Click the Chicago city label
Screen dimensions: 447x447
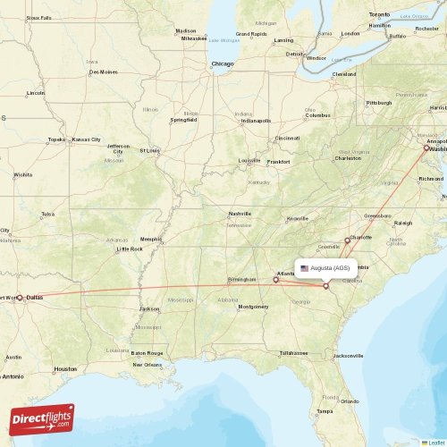(x=223, y=63)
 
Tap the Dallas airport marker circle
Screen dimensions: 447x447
(x=21, y=298)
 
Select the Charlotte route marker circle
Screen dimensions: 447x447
(x=348, y=240)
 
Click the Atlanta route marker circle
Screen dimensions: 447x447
(x=275, y=280)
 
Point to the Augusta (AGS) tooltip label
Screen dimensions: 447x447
(x=331, y=268)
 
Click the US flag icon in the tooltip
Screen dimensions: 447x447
(x=304, y=268)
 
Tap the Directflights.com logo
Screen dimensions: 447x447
(x=43, y=418)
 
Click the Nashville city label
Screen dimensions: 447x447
(x=239, y=214)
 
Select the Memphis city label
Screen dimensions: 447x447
(x=151, y=239)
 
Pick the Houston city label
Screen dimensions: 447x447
(x=65, y=368)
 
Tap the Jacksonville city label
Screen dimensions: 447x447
(x=348, y=356)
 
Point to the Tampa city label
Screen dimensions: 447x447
(x=324, y=410)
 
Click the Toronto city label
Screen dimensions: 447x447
(x=380, y=15)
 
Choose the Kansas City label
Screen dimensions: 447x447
(x=87, y=139)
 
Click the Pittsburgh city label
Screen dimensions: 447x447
(x=379, y=103)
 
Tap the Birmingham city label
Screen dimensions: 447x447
(x=240, y=278)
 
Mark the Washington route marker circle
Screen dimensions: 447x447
(x=427, y=148)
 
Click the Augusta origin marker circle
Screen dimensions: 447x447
(x=326, y=285)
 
